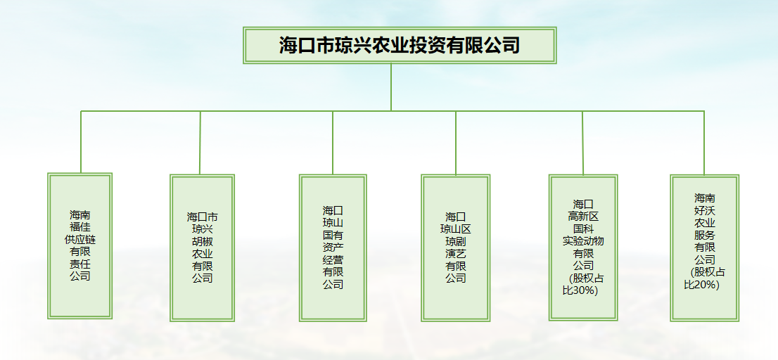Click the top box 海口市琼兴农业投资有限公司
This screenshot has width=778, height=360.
[400, 46]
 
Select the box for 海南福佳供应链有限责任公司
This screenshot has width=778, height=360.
[79, 245]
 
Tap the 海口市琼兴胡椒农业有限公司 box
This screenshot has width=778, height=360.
[202, 247]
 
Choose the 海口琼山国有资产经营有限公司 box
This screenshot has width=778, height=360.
[333, 247]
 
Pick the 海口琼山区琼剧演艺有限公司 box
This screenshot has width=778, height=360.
[455, 247]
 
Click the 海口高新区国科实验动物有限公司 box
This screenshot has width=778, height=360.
[582, 247]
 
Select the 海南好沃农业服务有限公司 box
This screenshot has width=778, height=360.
[704, 247]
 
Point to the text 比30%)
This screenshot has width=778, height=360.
[580, 290]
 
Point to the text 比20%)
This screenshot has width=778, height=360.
[702, 285]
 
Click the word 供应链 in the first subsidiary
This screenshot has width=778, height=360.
[79, 239]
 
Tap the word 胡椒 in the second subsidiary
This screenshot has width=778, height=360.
[202, 241]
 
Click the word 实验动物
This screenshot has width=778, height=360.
[582, 241]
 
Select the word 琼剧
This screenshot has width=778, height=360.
[455, 241]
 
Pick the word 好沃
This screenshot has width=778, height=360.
[705, 210]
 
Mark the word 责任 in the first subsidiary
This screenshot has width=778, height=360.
[79, 264]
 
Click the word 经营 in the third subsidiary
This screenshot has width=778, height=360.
[333, 259]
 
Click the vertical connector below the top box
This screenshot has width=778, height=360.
[391, 87]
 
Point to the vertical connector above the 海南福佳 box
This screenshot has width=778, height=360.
[81, 142]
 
